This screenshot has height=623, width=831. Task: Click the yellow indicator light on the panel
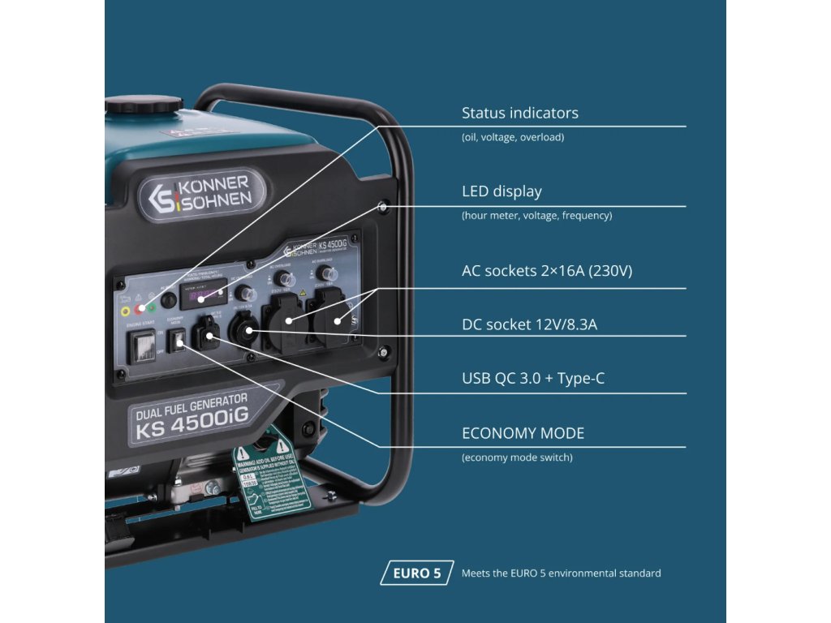pyautogui.click(x=125, y=310)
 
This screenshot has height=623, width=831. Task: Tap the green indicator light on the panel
pyautogui.click(x=152, y=308)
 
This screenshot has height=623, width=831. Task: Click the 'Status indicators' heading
pyautogui.click(x=519, y=113)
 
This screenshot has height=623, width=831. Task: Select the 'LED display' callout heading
pyautogui.click(x=501, y=191)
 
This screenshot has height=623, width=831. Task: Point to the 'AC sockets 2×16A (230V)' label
pyautogui.click(x=546, y=271)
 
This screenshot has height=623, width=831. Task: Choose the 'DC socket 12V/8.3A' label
pyautogui.click(x=529, y=325)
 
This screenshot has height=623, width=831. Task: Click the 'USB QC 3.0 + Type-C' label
pyautogui.click(x=532, y=378)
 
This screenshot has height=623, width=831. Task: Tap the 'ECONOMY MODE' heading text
pyautogui.click(x=523, y=433)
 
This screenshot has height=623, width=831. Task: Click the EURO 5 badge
pyautogui.click(x=416, y=573)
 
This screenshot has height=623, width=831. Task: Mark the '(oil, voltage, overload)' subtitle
pyautogui.click(x=512, y=137)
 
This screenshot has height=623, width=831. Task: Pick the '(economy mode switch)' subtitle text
pyautogui.click(x=517, y=458)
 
